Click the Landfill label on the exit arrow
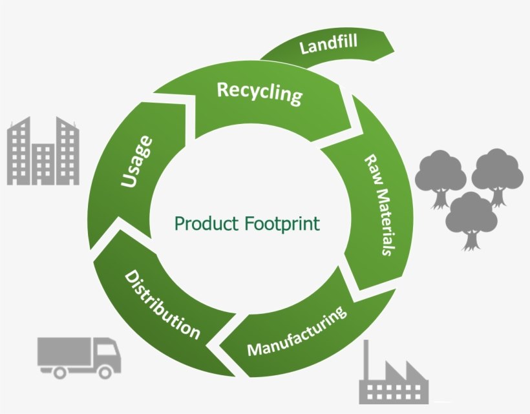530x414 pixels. [329, 46]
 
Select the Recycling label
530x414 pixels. [259, 93]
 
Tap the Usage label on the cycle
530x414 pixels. [137, 161]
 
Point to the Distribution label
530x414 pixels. [162, 305]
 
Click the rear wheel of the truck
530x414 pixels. [60, 371]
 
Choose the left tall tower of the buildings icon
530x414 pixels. [19, 152]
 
